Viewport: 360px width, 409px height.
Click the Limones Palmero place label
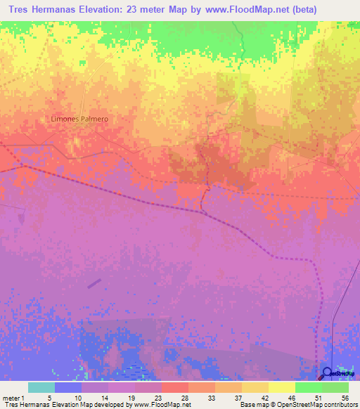(x=79, y=119)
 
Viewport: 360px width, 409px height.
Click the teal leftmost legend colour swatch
(x=41, y=387)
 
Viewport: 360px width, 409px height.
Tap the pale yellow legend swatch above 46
(x=281, y=387)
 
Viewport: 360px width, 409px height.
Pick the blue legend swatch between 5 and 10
(x=67, y=387)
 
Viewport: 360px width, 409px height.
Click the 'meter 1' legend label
(x=15, y=397)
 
